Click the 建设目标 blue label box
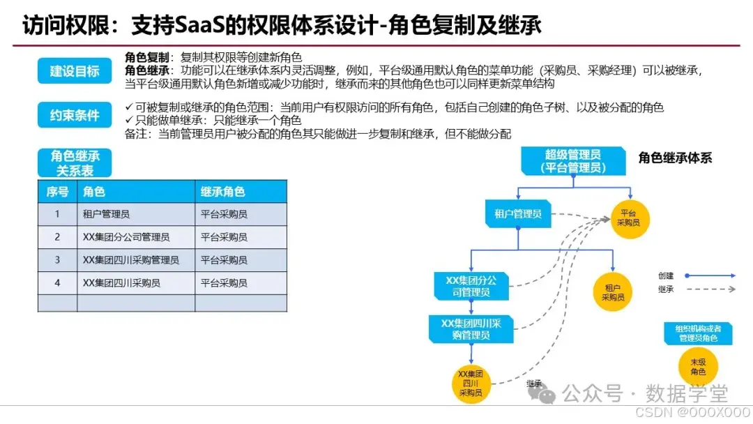pyautogui.click(x=75, y=71)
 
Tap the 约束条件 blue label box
pyautogui.click(x=75, y=116)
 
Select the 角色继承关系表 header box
pyautogui.click(x=75, y=162)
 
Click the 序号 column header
pyautogui.click(x=57, y=192)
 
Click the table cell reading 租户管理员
pyautogui.click(x=106, y=215)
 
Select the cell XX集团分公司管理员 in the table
pyautogui.click(x=126, y=237)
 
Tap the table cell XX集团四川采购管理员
pyautogui.click(x=131, y=260)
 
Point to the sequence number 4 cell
pyautogui.click(x=57, y=282)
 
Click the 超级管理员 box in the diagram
pyautogui.click(x=573, y=160)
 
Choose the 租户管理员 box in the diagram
pyautogui.click(x=518, y=214)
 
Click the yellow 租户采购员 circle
pyautogui.click(x=613, y=291)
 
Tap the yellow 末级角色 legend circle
pyautogui.click(x=698, y=367)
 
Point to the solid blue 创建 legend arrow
pyautogui.click(x=712, y=276)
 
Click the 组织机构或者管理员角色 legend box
pyautogui.click(x=698, y=333)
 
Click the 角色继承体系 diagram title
pyautogui.click(x=675, y=158)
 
